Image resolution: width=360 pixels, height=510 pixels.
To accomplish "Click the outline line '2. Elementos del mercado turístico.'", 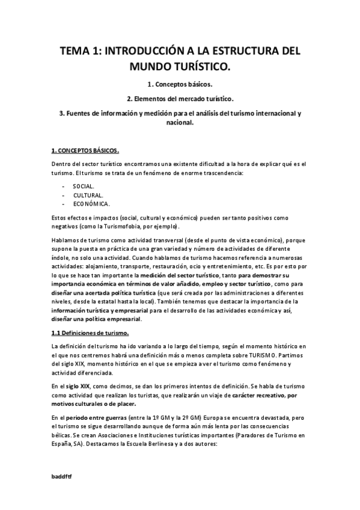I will pos(180,98).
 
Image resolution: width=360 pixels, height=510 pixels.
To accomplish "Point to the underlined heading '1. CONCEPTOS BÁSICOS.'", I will pos(85,150).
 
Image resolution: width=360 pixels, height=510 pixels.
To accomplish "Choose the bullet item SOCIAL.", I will pos(83,186).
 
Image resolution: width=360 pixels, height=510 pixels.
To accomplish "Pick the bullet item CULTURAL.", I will pos(88,195).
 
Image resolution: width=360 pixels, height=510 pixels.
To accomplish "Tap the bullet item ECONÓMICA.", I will pos(91,204).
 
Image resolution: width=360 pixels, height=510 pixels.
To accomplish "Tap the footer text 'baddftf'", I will pos(62,475).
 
